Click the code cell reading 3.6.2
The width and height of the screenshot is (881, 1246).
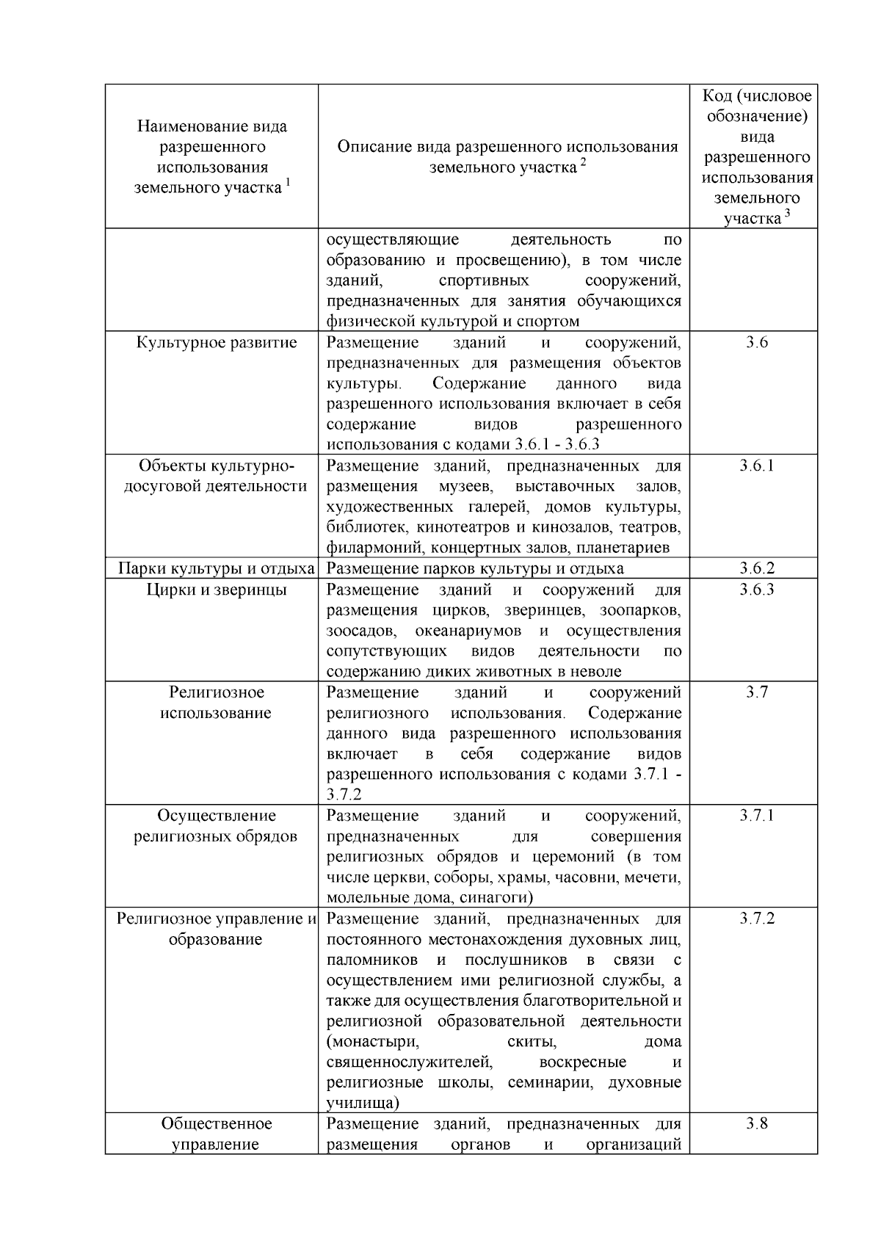click(756, 568)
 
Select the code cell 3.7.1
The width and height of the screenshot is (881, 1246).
click(756, 816)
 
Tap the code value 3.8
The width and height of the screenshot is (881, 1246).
click(756, 1123)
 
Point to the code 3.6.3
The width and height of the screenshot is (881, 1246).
click(756, 590)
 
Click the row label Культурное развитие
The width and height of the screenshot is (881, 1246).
click(217, 343)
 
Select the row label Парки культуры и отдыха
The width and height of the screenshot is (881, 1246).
click(217, 568)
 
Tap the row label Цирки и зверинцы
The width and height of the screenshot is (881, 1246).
click(217, 590)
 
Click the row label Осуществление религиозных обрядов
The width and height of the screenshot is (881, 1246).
click(216, 826)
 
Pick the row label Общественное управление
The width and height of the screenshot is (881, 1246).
click(216, 1134)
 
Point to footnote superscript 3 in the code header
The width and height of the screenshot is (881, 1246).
click(787, 213)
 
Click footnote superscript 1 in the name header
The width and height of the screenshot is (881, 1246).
click(288, 183)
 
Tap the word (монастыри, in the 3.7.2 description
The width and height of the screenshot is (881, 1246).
click(372, 1041)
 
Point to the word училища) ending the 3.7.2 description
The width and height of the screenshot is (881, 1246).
click(363, 1103)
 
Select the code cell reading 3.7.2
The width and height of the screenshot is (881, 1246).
click(756, 919)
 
